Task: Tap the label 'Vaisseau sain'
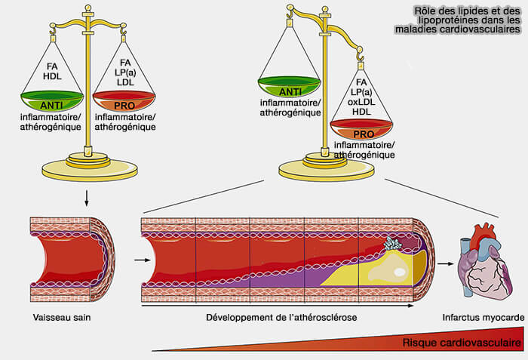pyautogui.click(x=59, y=317)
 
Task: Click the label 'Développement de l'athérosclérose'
pyautogui.click(x=281, y=317)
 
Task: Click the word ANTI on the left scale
pyautogui.click(x=51, y=105)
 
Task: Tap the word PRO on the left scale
pyautogui.click(x=124, y=105)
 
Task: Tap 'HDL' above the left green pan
pyautogui.click(x=51, y=75)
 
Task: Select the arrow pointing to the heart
pyautogui.click(x=447, y=263)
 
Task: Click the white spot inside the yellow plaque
pyautogui.click(x=399, y=271)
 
